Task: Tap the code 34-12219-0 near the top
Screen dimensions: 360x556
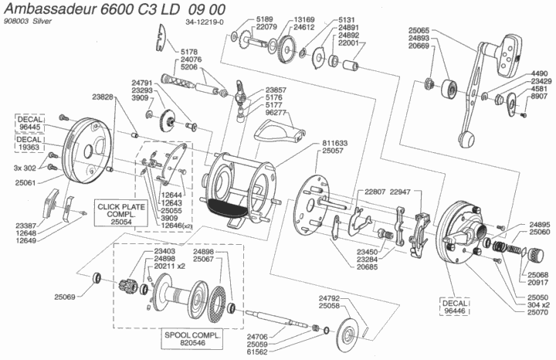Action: click(205, 22)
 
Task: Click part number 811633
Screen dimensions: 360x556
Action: click(332, 144)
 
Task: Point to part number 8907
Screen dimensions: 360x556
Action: click(537, 97)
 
